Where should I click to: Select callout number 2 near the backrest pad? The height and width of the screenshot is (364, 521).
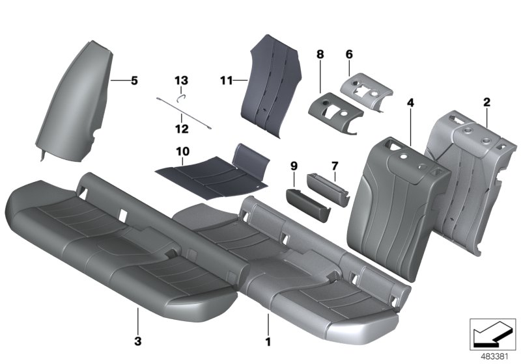pos(486,102)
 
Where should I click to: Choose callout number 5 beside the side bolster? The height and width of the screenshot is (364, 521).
pos(134,81)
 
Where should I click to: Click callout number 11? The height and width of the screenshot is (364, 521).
pos(226,81)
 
